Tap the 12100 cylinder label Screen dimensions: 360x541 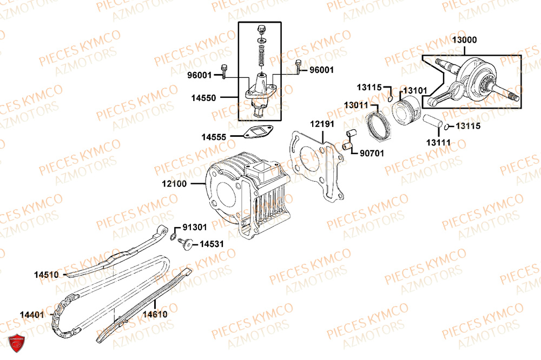pos(174,184)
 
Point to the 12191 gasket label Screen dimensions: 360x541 pos(322,125)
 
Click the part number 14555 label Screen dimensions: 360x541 pos(215,137)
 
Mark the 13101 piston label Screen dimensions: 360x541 pos(415,91)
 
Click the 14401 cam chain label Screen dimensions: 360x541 pos(34,314)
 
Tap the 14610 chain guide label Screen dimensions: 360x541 pos(155,314)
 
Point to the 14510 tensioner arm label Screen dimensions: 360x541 pos(46,275)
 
